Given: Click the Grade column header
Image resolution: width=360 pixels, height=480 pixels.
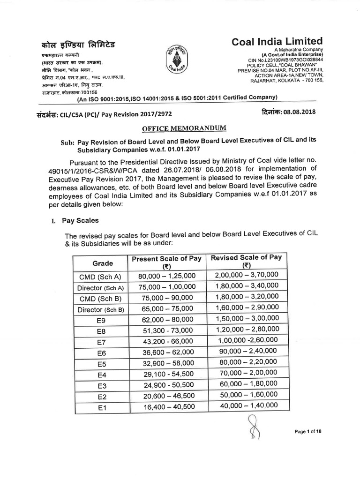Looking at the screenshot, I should pyautogui.click(x=102, y=263).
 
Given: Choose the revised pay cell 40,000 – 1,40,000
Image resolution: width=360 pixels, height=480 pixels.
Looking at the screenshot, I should pyautogui.click(x=247, y=406).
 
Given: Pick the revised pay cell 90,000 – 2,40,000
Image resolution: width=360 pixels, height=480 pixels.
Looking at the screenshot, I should pyautogui.click(x=247, y=352).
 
